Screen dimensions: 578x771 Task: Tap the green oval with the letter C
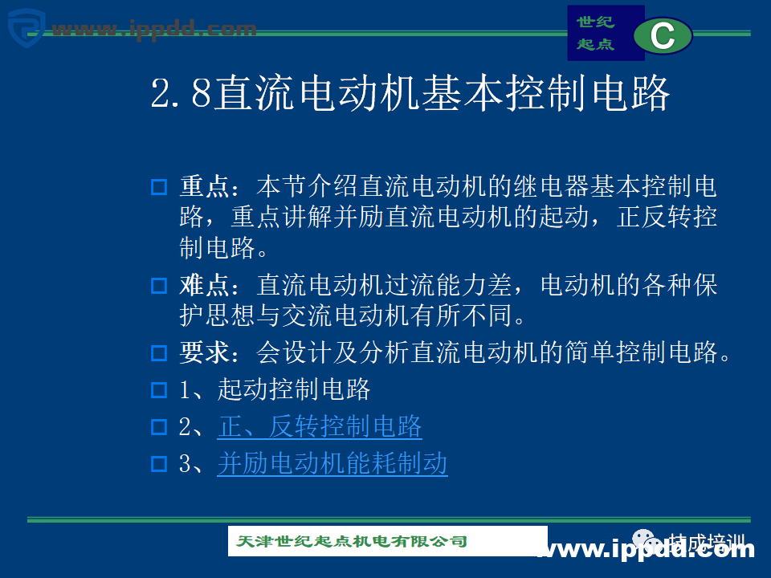click(663, 36)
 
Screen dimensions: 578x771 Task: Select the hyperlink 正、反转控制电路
click(320, 426)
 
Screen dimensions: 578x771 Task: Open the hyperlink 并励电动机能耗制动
click(332, 463)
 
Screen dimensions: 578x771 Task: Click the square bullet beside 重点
click(159, 189)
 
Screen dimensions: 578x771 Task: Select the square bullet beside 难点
click(159, 286)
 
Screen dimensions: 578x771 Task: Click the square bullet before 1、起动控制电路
click(159, 391)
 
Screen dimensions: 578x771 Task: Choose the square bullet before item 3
click(159, 464)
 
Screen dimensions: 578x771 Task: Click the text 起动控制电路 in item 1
click(294, 390)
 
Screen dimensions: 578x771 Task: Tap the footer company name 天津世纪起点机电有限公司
click(352, 541)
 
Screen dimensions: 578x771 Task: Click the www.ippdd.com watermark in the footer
click(647, 550)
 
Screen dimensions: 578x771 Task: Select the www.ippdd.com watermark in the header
click(153, 30)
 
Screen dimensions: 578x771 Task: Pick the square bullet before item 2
click(159, 427)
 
